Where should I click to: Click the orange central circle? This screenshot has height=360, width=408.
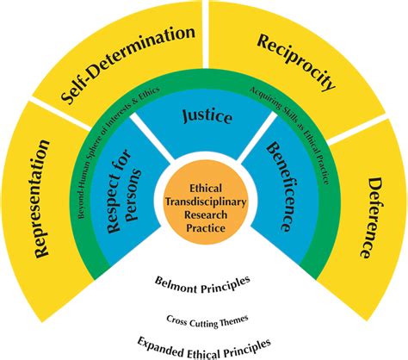[x=204, y=204]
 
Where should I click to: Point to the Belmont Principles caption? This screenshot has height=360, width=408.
[x=204, y=282]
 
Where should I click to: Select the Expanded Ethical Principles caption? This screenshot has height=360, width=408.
[x=204, y=344]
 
